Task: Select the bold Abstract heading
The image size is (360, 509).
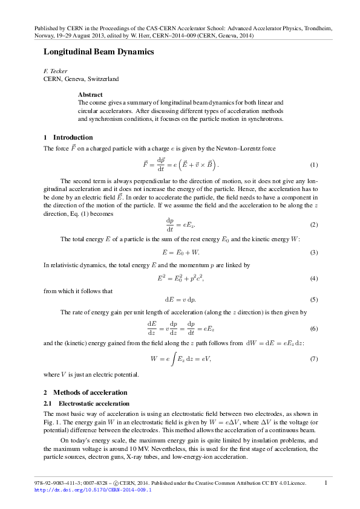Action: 90,95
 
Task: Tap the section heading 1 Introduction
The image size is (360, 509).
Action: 68,137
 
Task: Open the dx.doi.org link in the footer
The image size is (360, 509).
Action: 93,490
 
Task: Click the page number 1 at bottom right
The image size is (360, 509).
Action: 326,482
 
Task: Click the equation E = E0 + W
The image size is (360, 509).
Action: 180,251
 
